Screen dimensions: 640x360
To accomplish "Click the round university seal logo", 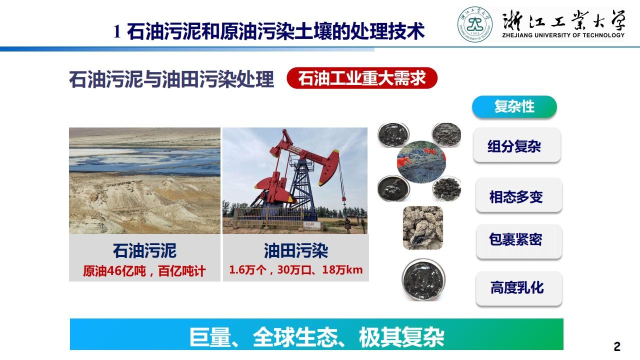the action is (475, 24).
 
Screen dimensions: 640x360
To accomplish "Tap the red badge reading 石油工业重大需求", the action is (362, 78).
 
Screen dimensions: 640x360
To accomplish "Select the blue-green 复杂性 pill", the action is (514, 106).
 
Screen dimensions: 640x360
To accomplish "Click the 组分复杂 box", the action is (517, 145).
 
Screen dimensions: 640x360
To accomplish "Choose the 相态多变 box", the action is (519, 195).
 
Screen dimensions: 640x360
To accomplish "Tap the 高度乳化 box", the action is (519, 288).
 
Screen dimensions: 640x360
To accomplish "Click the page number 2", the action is (617, 346).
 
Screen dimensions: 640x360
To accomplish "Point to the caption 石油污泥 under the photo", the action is (144, 250).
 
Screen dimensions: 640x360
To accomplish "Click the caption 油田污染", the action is (295, 250).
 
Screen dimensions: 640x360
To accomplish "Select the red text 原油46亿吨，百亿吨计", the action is (144, 271).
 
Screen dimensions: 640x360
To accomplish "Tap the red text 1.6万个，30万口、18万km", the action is (295, 270).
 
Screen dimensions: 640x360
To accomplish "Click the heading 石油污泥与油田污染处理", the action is (171, 79).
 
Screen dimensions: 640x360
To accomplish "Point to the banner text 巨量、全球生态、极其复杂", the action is (316, 337).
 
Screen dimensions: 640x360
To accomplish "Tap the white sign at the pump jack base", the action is (311, 225).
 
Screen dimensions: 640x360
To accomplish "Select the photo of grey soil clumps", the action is (423, 227).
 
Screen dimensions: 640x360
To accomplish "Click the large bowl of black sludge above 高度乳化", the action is (423, 279).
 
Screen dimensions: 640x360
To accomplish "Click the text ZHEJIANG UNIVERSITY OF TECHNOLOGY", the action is (563, 35).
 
